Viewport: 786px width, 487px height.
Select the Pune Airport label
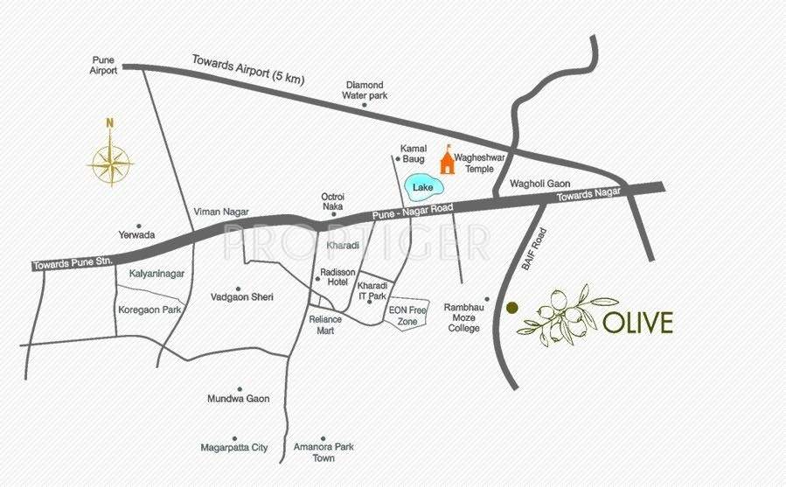coord(104,66)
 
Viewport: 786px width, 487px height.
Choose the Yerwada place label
coord(137,235)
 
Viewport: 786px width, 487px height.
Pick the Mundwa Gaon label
coord(238,399)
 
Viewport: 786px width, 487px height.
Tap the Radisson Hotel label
coord(333,276)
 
